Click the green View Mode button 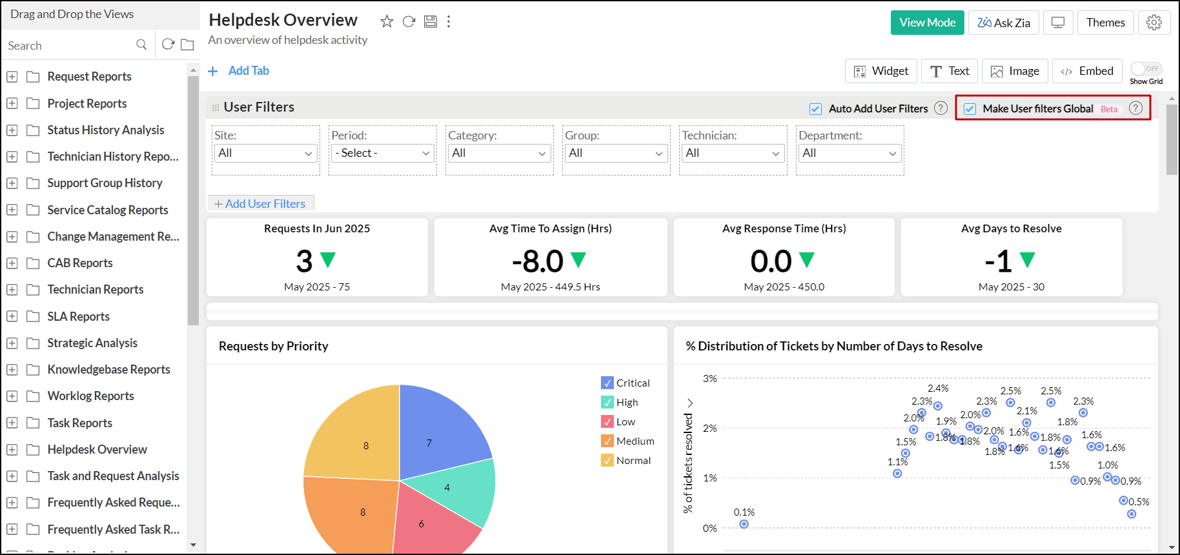[927, 23]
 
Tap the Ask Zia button [1003, 23]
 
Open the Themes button [1105, 23]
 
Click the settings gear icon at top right [1154, 23]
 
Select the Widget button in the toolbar [880, 71]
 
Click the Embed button [1087, 71]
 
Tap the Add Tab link [248, 71]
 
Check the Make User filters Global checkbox [970, 109]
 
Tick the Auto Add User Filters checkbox [816, 109]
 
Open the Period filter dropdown [382, 154]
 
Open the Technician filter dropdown [733, 154]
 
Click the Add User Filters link [260, 204]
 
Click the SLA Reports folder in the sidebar [78, 316]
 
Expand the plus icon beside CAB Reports [12, 263]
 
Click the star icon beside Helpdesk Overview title [387, 21]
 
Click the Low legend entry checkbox [607, 421]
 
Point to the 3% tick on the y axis [710, 379]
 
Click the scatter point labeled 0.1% [744, 524]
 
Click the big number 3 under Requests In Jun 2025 [304, 261]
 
